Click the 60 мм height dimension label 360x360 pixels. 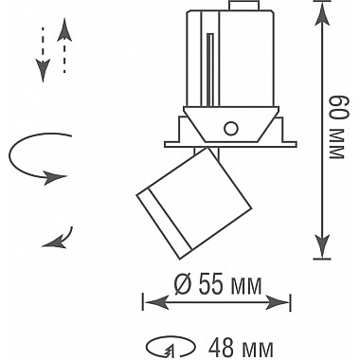pos(336,127)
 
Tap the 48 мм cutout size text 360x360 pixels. pos(241,348)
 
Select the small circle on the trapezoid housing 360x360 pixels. pos(231,128)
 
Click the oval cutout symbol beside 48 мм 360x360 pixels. pos(172,348)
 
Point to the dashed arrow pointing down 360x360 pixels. pos(43,54)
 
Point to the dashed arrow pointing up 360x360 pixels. pos(64,45)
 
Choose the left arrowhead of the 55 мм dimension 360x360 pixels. pos(156,302)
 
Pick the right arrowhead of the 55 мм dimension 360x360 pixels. pos(278,302)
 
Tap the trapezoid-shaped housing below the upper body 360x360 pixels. pos(231,124)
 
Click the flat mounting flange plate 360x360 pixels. pos(231,144)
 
